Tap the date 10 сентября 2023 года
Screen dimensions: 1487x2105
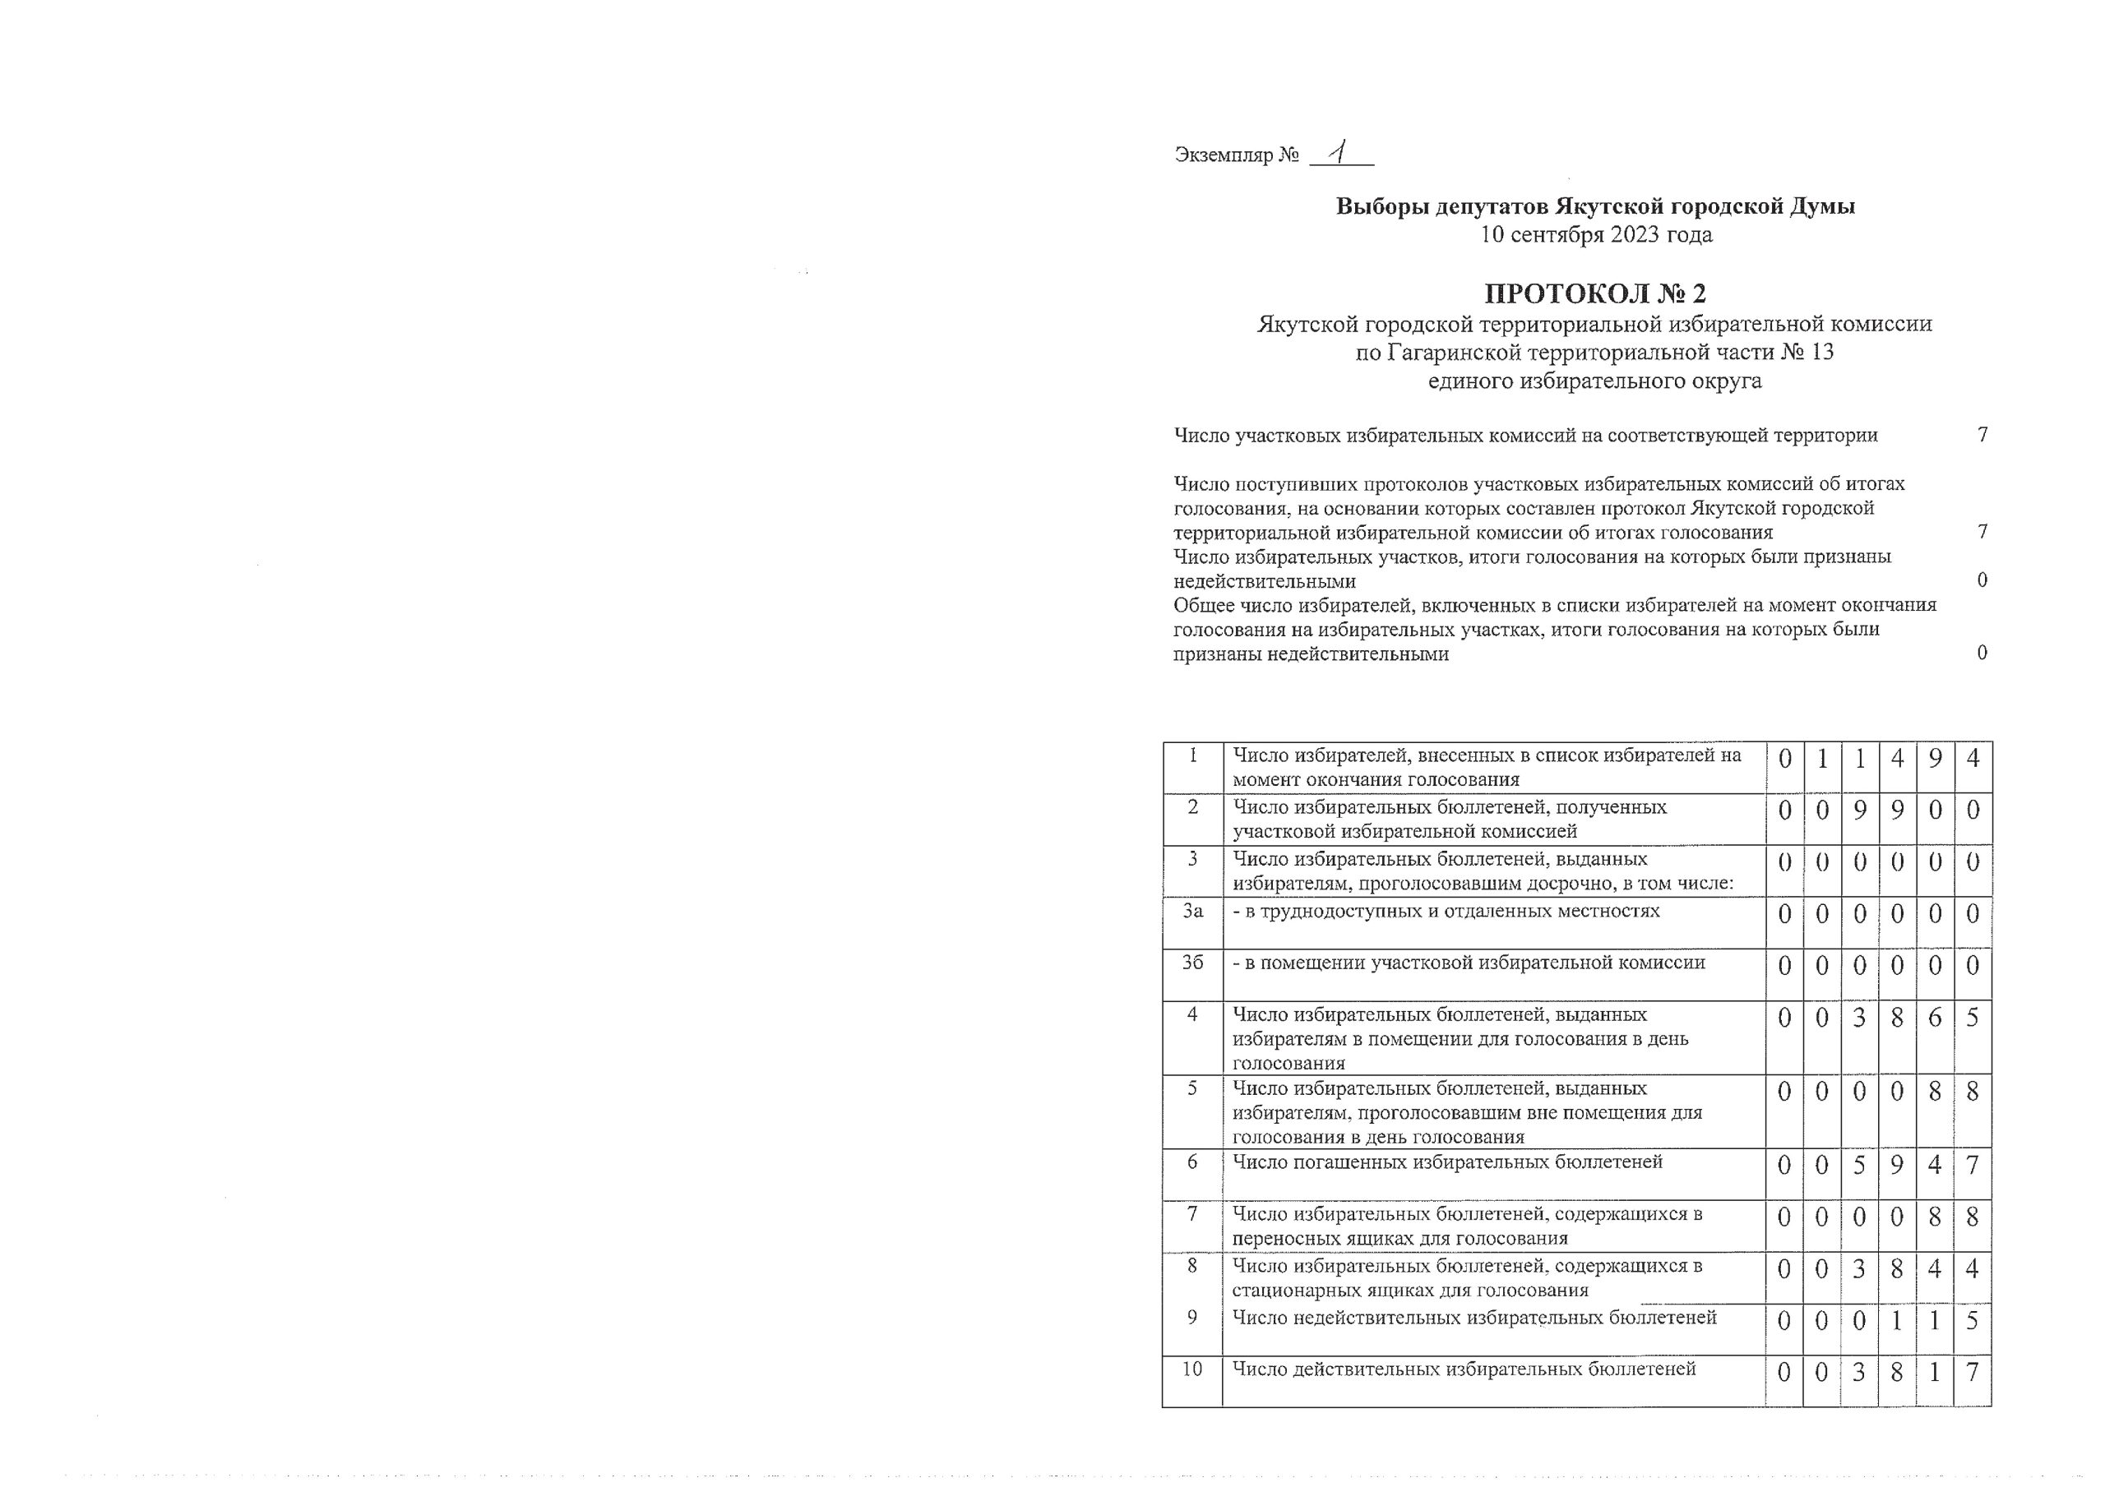tap(1595, 235)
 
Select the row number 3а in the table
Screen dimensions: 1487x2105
tap(1191, 912)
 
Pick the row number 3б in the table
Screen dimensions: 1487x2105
tap(1191, 963)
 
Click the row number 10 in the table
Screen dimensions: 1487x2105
tap(1191, 1369)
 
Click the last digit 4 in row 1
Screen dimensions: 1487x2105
tap(1973, 759)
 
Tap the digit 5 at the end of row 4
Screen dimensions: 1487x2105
tap(1973, 1018)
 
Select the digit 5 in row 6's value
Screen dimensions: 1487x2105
tap(1859, 1166)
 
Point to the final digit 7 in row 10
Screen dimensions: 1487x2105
tap(1973, 1373)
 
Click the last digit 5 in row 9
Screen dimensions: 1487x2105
tap(1973, 1321)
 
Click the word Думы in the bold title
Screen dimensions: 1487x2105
tap(1820, 206)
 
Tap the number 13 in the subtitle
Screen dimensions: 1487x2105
tap(1821, 352)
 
